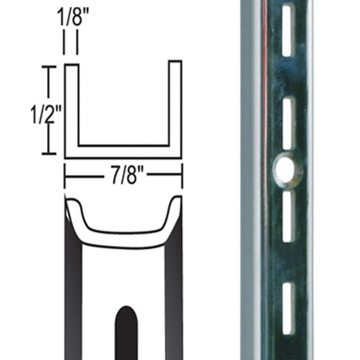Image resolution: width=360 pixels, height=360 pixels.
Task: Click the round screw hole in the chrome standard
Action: [287, 170]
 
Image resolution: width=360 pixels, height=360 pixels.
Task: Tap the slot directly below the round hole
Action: [287, 217]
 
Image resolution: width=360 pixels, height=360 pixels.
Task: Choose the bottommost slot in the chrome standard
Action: [287, 308]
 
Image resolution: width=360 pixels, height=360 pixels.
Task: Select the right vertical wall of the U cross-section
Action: [175, 105]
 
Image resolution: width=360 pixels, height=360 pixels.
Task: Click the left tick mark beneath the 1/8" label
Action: [64, 44]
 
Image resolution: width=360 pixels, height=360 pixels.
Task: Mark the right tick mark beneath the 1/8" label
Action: [77, 44]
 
